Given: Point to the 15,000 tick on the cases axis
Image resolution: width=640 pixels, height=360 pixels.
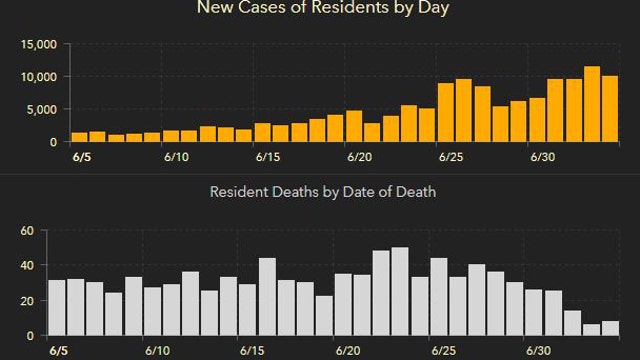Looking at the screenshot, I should (37, 45).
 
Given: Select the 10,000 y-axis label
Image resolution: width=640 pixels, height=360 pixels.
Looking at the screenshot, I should (37, 77).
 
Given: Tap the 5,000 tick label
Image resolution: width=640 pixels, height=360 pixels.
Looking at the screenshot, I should (41, 109).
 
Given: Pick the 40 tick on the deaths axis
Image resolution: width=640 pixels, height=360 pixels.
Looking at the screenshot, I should (28, 265).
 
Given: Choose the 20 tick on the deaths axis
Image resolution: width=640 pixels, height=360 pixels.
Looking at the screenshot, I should (28, 300).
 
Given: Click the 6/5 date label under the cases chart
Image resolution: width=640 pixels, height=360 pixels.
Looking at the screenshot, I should (79, 157).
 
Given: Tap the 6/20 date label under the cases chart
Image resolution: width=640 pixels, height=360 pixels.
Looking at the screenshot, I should (360, 157).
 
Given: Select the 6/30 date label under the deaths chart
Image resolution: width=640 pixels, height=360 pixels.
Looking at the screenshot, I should (539, 351).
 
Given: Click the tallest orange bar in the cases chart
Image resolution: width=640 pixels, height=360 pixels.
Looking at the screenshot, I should (592, 104).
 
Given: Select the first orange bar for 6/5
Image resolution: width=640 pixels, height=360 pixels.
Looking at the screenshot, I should (79, 137).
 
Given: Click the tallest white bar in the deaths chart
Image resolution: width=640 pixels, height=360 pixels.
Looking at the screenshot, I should (400, 291).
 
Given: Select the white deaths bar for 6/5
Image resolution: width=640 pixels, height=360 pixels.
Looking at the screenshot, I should (57, 308).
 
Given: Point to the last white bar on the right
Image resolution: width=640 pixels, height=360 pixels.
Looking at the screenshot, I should (610, 328).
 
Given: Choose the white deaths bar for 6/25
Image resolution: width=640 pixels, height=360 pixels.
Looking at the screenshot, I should (439, 297).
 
